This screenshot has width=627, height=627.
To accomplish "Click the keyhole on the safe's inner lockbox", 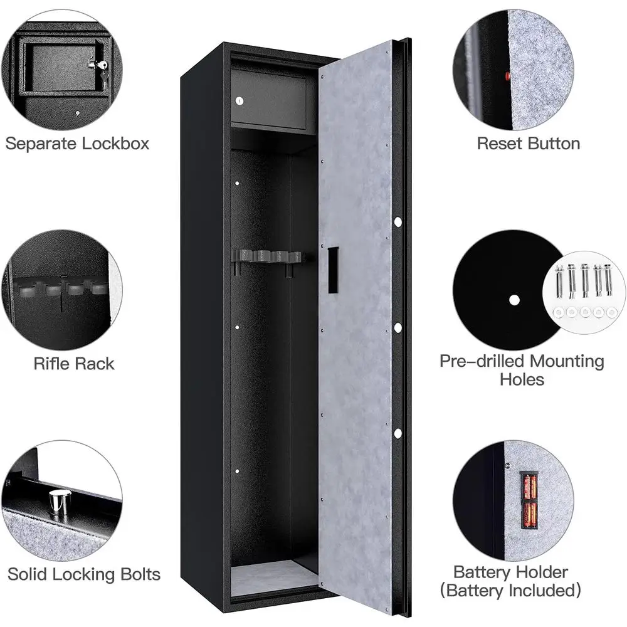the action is pos(240,101).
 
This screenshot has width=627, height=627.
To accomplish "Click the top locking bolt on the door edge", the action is pos(398,221).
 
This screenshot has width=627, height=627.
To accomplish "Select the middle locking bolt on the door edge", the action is pos(398,328).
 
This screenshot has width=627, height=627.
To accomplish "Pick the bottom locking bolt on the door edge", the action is pos(398,433).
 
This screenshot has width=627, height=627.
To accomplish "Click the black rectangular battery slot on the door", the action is pos(333,270).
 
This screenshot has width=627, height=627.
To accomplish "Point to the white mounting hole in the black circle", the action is pos(514,300).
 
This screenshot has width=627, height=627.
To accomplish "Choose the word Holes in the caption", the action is pos(522,379).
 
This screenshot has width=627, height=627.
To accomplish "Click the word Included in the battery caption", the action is pos(542,590).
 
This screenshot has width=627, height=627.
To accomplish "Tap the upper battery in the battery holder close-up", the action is pos(529,486).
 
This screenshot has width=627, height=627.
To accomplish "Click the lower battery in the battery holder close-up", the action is pos(529,515).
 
